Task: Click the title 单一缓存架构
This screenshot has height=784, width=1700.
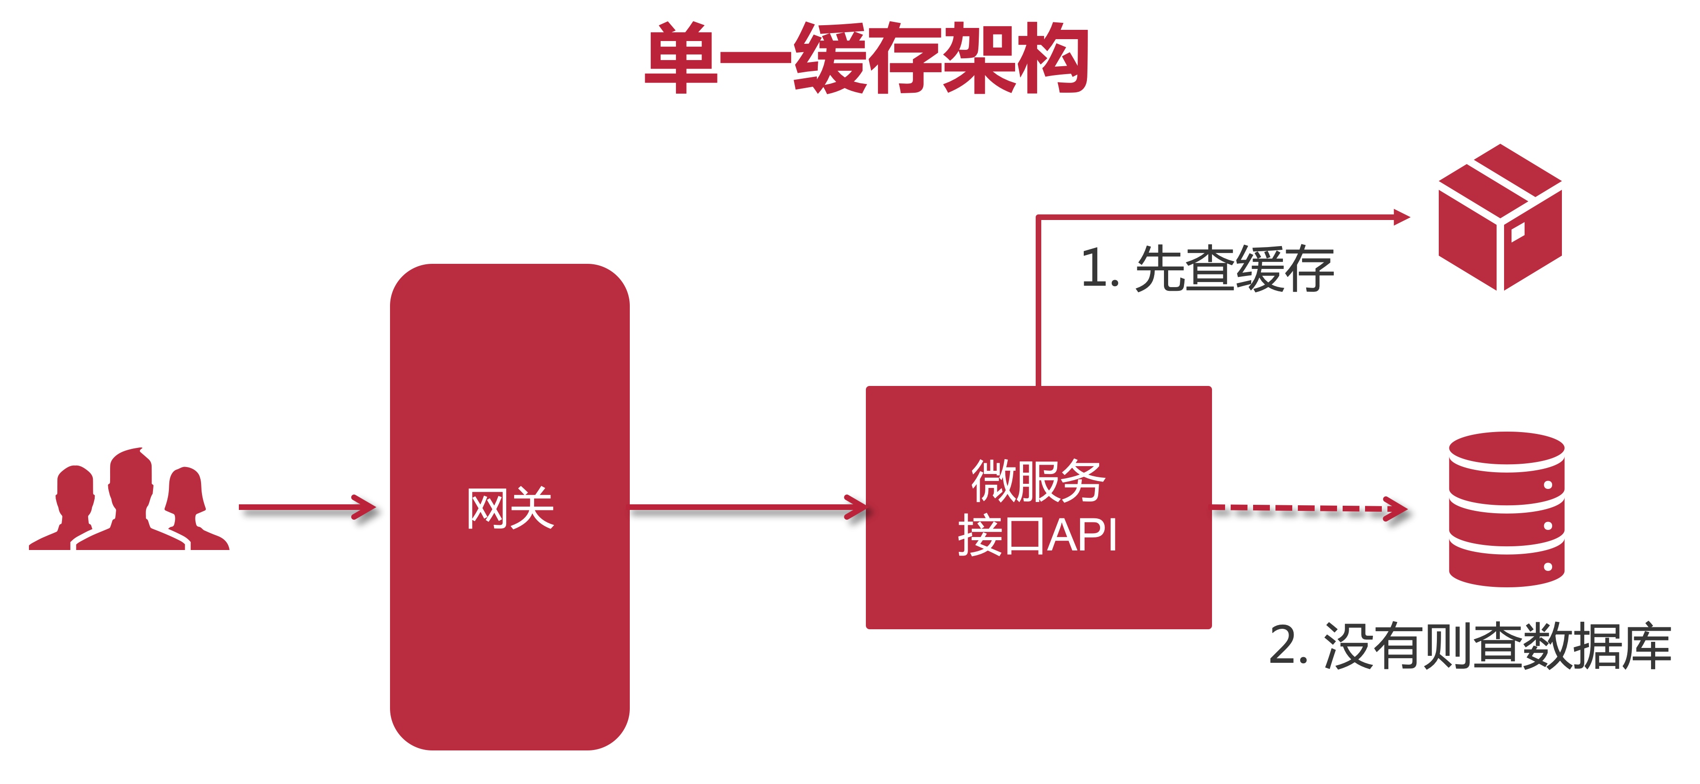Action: coord(866,58)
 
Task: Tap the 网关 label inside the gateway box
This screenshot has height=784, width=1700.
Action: coord(510,509)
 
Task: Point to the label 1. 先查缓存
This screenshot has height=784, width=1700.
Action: coord(1206,268)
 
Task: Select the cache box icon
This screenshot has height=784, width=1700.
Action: coord(1499,218)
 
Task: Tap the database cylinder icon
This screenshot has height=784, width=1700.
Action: coord(1507,509)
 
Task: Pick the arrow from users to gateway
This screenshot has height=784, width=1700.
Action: coord(307,507)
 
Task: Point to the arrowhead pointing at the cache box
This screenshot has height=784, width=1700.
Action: coord(1400,217)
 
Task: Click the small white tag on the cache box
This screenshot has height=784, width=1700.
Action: coord(1517,232)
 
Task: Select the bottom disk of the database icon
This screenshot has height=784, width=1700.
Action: coord(1507,567)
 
